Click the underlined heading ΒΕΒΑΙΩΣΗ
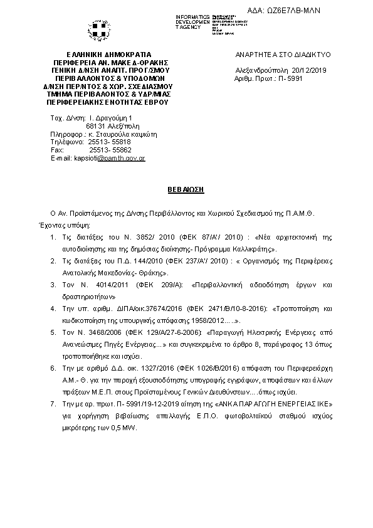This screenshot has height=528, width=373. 186,189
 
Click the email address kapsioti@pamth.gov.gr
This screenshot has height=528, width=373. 110,158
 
